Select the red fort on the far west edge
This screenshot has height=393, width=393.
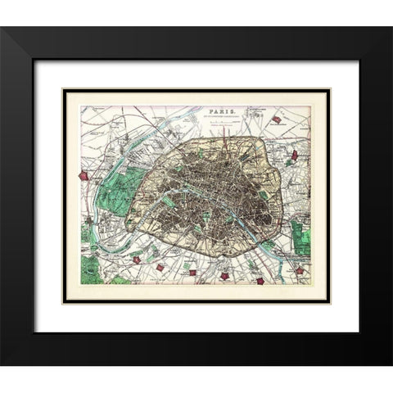[83, 175]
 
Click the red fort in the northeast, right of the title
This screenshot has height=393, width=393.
[277, 120]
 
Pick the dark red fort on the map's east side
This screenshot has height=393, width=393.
[294, 154]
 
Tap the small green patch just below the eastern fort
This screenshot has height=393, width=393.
[295, 169]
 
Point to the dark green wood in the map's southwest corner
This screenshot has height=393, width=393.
[91, 267]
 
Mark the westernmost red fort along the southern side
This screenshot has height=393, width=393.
[138, 260]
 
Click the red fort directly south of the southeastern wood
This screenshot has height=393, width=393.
[300, 270]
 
